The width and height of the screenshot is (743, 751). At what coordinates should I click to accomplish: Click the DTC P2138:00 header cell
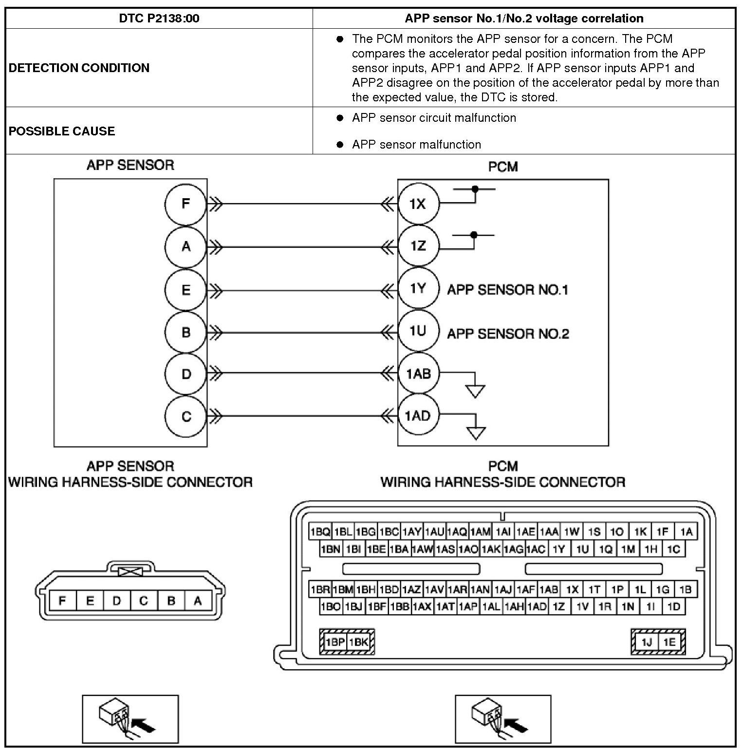(159, 19)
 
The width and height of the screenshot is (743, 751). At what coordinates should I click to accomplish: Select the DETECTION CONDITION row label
(79, 68)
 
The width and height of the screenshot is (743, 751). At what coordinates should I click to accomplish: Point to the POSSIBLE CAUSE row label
(62, 131)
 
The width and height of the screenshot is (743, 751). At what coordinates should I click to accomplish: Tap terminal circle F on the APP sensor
(186, 204)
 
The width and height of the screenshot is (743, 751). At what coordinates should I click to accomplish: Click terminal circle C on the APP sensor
(186, 416)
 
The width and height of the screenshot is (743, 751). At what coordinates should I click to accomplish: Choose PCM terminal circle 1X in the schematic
(418, 204)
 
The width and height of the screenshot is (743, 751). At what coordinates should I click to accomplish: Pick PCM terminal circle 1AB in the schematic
(418, 374)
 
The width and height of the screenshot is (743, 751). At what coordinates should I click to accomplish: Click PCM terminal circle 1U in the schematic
(418, 331)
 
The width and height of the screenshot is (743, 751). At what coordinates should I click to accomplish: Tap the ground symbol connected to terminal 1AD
(476, 432)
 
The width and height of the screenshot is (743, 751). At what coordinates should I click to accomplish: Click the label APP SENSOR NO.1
(507, 290)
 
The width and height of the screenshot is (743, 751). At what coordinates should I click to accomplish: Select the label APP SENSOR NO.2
(508, 334)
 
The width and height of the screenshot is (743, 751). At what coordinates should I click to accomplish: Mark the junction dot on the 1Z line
(474, 235)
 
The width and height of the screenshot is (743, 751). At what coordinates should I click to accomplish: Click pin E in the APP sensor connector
(90, 601)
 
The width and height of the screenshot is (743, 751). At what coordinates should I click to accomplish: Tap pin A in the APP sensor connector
(198, 601)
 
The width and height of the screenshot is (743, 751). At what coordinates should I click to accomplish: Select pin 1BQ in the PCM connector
(320, 531)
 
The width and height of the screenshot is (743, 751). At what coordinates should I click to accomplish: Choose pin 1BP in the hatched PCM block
(334, 642)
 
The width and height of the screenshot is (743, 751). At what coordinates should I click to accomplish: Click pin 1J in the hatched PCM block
(647, 642)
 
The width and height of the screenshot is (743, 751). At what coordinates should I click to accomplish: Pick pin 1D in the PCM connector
(674, 607)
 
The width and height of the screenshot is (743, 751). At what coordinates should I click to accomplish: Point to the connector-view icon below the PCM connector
(502, 719)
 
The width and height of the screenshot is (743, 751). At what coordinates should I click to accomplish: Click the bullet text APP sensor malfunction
(416, 145)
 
